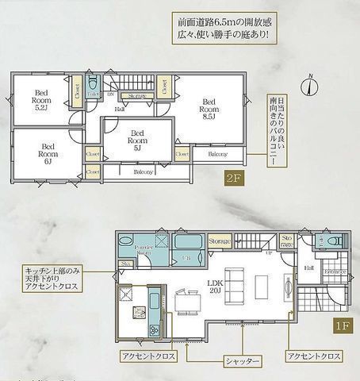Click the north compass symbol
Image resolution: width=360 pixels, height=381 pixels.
310,84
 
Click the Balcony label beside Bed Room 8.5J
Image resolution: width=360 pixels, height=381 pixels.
217,154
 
